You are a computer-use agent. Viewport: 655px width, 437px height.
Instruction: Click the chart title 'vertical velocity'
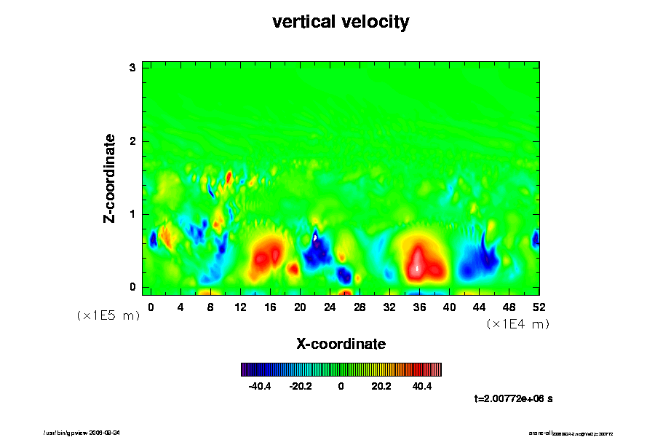(341, 22)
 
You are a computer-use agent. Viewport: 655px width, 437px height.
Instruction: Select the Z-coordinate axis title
(110, 178)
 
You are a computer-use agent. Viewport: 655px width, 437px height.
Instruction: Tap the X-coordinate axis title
(341, 343)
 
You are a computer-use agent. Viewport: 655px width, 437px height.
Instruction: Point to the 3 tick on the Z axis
(133, 68)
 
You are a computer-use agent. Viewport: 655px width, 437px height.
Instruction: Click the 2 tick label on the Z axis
(133, 141)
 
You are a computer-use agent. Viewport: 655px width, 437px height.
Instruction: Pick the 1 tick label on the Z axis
(133, 214)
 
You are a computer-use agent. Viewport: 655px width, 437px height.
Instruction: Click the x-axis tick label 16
(270, 307)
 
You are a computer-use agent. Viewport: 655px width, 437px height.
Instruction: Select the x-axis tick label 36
(419, 307)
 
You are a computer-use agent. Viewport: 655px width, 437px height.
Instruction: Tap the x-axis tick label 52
(539, 307)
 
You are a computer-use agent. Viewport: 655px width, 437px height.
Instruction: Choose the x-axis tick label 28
(360, 307)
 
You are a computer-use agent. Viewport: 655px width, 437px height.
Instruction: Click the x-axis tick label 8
(210, 307)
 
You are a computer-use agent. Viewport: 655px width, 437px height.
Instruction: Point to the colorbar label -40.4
(260, 386)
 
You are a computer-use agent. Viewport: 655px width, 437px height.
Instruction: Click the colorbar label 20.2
(381, 386)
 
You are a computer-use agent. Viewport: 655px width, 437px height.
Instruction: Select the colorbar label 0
(341, 386)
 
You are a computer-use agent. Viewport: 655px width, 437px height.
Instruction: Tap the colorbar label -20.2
(301, 386)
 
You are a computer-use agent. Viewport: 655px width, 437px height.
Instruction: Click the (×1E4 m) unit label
(517, 324)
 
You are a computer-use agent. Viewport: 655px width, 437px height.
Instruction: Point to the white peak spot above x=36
(417, 267)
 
